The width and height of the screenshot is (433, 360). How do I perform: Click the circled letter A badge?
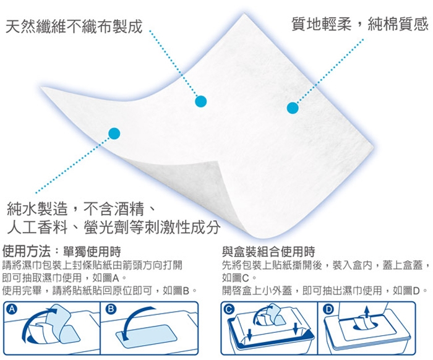(12, 309)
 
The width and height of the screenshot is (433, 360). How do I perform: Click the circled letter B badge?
(111, 309)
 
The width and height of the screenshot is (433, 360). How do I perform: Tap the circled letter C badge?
(229, 309)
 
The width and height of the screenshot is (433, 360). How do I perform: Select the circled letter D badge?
(328, 309)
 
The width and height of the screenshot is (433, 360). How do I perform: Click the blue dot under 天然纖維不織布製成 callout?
(201, 101)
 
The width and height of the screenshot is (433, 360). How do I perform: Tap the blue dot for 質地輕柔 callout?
(293, 108)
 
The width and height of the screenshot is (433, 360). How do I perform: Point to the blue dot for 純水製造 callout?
(114, 134)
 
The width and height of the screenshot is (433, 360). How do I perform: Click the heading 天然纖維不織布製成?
(74, 27)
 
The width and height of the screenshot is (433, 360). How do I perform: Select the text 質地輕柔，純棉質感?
(360, 24)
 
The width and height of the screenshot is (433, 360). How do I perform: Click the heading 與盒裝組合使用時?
(268, 252)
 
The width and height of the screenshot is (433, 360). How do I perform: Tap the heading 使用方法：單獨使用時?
(62, 252)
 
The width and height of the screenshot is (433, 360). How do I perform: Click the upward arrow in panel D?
(367, 312)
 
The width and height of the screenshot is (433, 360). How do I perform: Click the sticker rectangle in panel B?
(147, 336)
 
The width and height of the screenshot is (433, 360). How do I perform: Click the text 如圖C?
(236, 278)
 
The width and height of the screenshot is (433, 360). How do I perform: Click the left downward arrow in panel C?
(250, 333)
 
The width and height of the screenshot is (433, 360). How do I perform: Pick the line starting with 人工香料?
(113, 228)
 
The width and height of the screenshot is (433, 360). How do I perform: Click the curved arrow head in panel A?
(53, 311)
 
